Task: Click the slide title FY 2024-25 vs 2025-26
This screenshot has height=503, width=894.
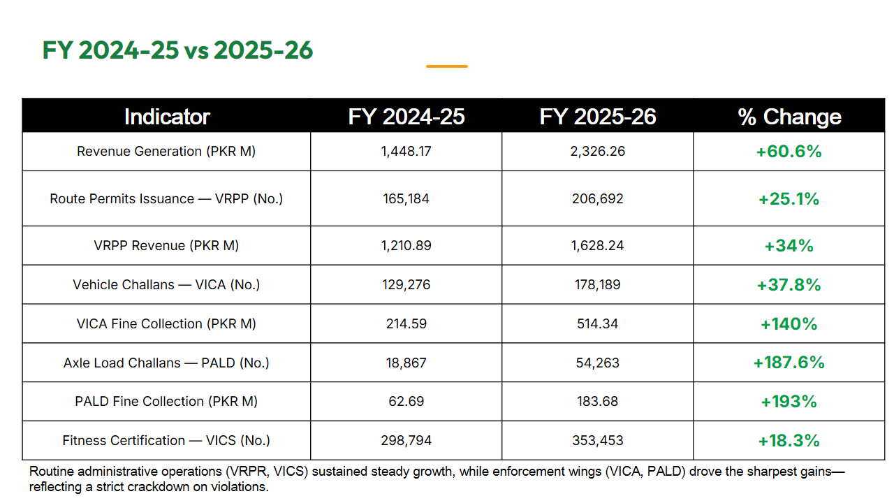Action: point(177,50)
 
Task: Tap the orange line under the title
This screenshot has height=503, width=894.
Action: point(446,66)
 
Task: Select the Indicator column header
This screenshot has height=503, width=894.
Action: point(167,117)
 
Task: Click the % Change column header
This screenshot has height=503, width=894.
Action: point(789,117)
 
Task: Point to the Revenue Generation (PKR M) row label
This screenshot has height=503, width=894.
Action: point(166,152)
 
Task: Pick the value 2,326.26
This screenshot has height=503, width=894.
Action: point(597,152)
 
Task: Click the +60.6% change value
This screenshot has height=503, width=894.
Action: point(789,152)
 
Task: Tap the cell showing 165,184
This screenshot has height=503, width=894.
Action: point(406,198)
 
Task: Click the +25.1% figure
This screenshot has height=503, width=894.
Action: point(789,198)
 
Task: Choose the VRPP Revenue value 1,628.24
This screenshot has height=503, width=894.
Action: point(597,245)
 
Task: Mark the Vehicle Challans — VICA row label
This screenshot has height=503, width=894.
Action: point(166,284)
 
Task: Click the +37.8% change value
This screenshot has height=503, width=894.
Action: point(789,284)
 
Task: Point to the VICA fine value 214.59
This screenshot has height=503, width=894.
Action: point(406,323)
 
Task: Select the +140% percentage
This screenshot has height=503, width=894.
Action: point(789,323)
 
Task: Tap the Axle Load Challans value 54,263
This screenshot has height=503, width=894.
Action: point(597,363)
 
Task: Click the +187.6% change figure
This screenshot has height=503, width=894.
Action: point(789,363)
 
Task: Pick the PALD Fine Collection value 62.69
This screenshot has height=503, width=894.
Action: point(406,401)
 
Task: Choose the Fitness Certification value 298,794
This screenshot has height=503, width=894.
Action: point(406,440)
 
